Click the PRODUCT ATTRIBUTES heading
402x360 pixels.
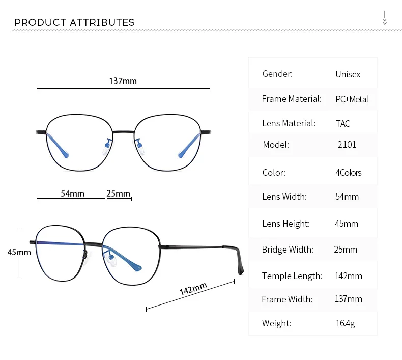pyautogui.click(x=74, y=22)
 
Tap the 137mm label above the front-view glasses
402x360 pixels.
pyautogui.click(x=123, y=81)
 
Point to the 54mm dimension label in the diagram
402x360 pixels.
pyautogui.click(x=72, y=193)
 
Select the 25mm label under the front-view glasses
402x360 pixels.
pyautogui.click(x=118, y=193)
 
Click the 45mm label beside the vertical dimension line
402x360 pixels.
pyautogui.click(x=19, y=252)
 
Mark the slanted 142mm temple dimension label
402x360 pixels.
pyautogui.click(x=193, y=289)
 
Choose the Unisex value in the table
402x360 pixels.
pyautogui.click(x=348, y=74)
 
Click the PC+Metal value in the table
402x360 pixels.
pyautogui.click(x=352, y=99)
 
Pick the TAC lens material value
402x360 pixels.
pyautogui.click(x=343, y=123)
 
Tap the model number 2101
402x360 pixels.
pyautogui.click(x=347, y=145)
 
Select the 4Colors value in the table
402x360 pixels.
pyautogui.click(x=349, y=173)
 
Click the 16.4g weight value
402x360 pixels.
pyautogui.click(x=346, y=323)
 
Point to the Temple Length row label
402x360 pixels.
pyautogui.click(x=292, y=276)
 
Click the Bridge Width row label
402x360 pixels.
pyautogui.click(x=288, y=250)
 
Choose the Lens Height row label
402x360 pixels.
pyautogui.click(x=286, y=224)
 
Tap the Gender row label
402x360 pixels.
pyautogui.click(x=277, y=74)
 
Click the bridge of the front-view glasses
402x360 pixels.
pyautogui.click(x=123, y=132)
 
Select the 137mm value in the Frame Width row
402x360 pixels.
pyautogui.click(x=349, y=299)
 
